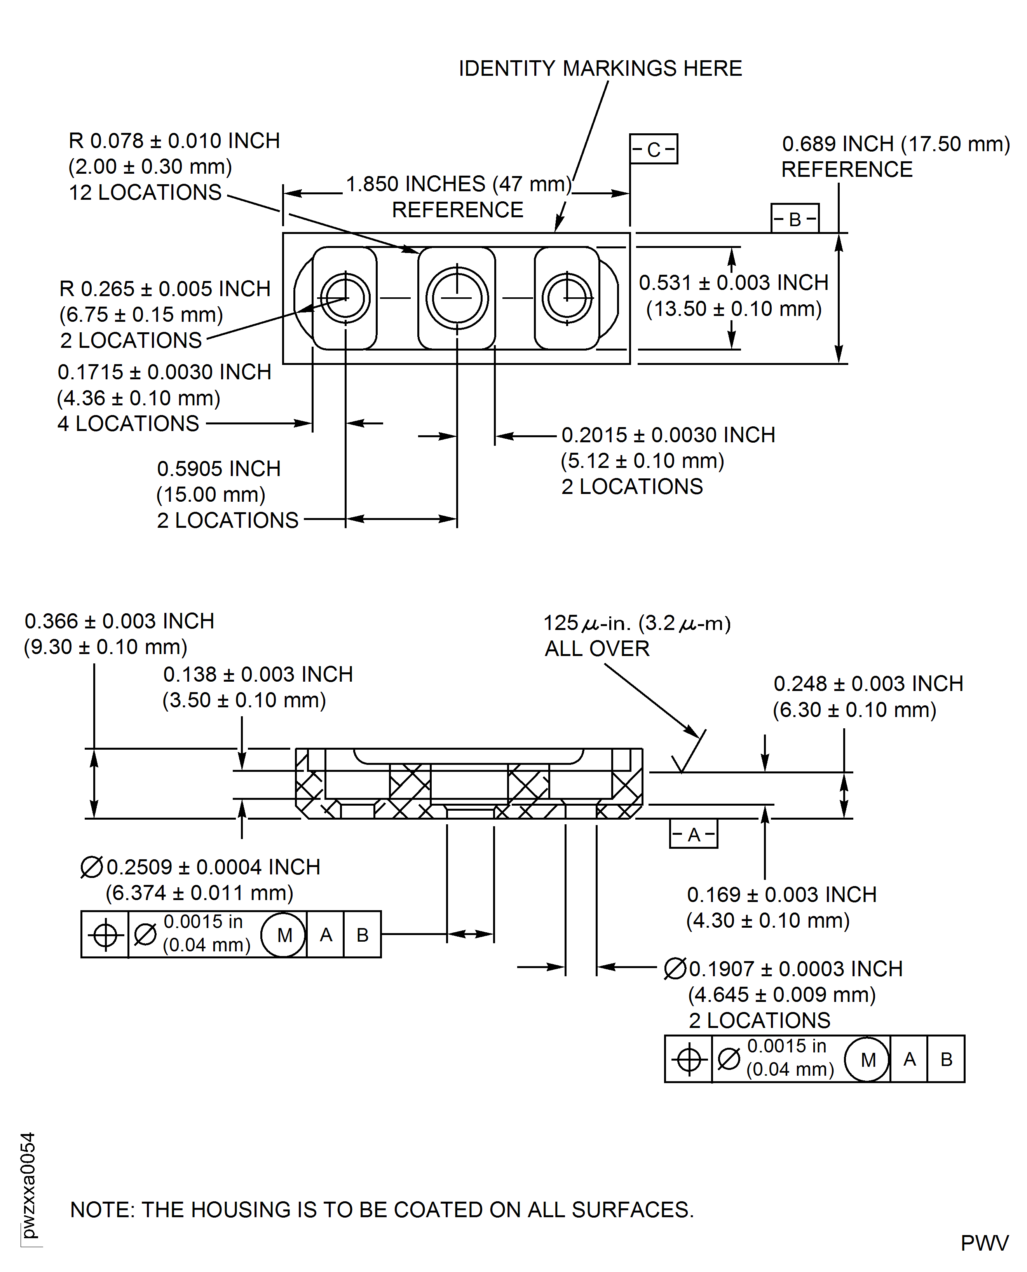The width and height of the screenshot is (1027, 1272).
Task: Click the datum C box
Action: (653, 149)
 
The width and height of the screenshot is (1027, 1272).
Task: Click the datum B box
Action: (795, 219)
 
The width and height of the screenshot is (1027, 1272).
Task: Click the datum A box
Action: (693, 834)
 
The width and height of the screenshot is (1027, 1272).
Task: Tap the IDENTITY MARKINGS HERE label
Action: (600, 69)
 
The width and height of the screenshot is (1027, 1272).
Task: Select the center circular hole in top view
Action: (457, 298)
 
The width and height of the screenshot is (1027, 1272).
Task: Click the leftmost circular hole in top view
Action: (345, 298)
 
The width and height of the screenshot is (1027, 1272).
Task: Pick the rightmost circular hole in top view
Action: (567, 298)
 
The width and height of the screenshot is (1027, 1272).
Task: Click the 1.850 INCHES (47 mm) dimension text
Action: (459, 184)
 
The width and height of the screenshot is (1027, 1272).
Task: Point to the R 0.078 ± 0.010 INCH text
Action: (174, 141)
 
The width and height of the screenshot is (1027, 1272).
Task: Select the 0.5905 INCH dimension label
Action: (218, 469)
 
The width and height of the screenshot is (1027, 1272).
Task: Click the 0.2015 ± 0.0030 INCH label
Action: (668, 435)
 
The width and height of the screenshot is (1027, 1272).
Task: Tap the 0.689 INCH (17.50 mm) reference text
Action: (896, 144)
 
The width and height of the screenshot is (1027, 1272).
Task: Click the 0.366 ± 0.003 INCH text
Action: (119, 621)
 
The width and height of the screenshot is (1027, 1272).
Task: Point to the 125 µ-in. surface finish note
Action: (636, 623)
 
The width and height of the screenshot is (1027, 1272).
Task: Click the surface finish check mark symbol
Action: (686, 757)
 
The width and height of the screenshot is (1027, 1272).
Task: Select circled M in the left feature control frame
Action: (284, 935)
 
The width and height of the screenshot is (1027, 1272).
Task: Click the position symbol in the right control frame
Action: (689, 1059)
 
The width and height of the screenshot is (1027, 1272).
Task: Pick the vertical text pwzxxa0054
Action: (28, 1186)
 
